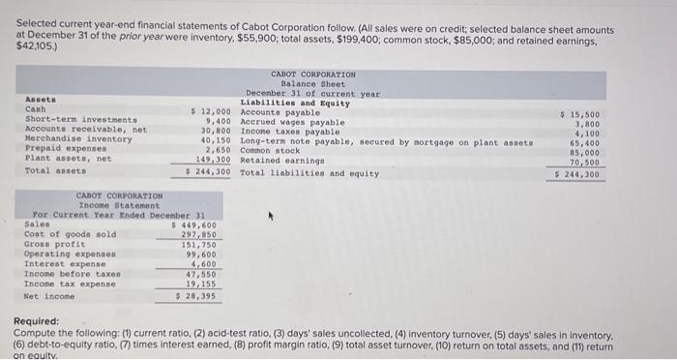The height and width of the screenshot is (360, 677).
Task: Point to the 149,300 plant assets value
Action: pyautogui.click(x=213, y=160)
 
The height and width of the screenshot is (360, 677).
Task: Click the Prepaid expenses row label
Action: pyautogui.click(x=60, y=150)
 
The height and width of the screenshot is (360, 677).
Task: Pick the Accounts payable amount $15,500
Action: pyautogui.click(x=580, y=113)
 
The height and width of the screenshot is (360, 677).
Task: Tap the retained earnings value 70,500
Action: pyautogui.click(x=585, y=162)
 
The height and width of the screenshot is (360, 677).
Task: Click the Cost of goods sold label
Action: pyautogui.click(x=70, y=234)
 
